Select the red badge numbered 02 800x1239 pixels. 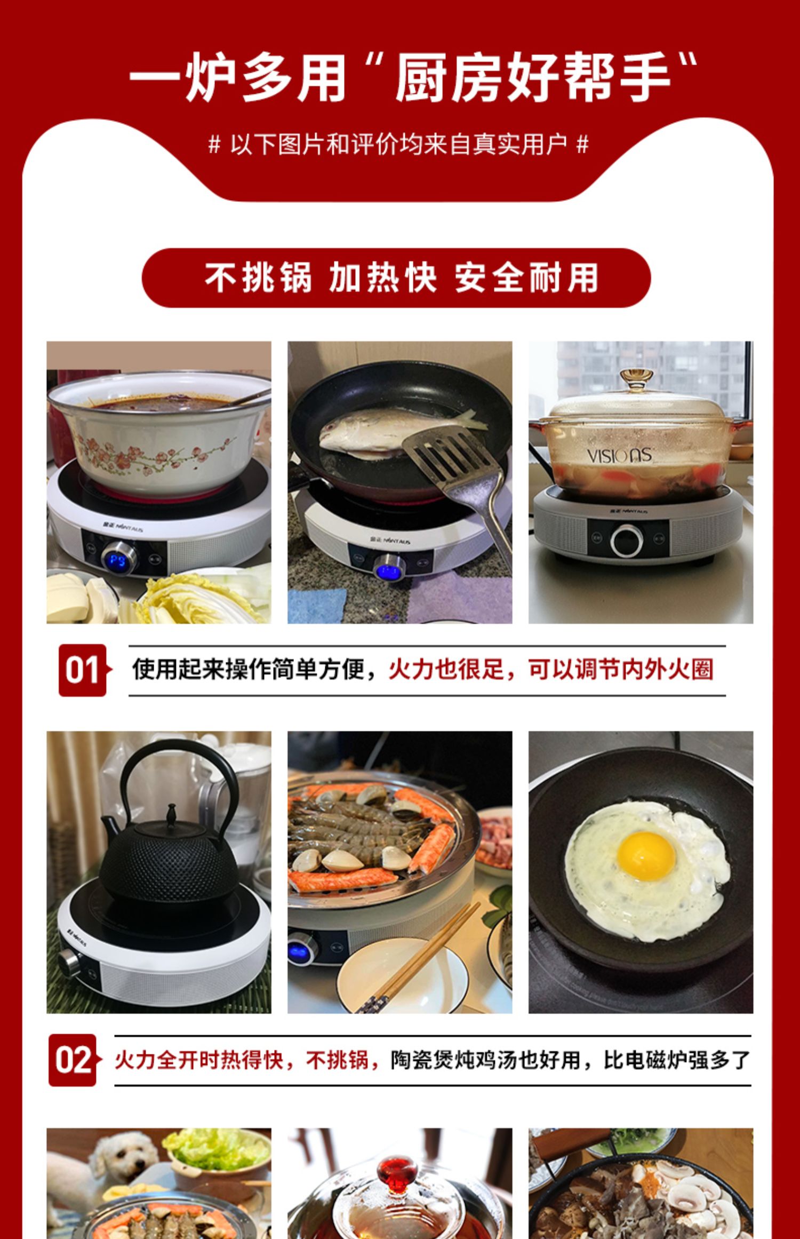pos(74,1060)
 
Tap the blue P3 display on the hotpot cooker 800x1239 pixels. pos(118,561)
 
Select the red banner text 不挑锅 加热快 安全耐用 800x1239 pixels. pos(401,277)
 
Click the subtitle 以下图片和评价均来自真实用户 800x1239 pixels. pos(398,145)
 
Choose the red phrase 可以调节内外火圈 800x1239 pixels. pos(621,669)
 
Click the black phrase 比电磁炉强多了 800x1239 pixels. pos(677,1060)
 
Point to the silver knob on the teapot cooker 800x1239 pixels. pos(68,961)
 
